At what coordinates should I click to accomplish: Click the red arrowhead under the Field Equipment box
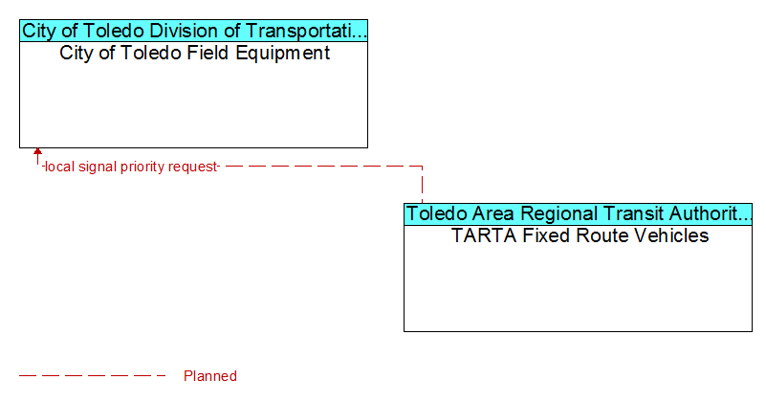pos(37,151)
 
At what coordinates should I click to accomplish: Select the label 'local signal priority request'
pos(131,167)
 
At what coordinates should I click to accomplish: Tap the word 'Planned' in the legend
pos(210,375)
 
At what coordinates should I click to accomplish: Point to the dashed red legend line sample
pos(92,375)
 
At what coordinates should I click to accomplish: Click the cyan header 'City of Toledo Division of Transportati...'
pos(193,31)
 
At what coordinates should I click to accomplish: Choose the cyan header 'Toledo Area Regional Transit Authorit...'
pos(578,213)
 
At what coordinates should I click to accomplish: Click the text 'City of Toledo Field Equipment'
pos(194,53)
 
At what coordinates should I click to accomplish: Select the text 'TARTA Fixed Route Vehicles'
pos(580,235)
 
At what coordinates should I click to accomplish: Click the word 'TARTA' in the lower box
pos(484,235)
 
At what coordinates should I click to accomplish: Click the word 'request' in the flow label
pos(192,167)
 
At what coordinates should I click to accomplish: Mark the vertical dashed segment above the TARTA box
pos(422,185)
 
